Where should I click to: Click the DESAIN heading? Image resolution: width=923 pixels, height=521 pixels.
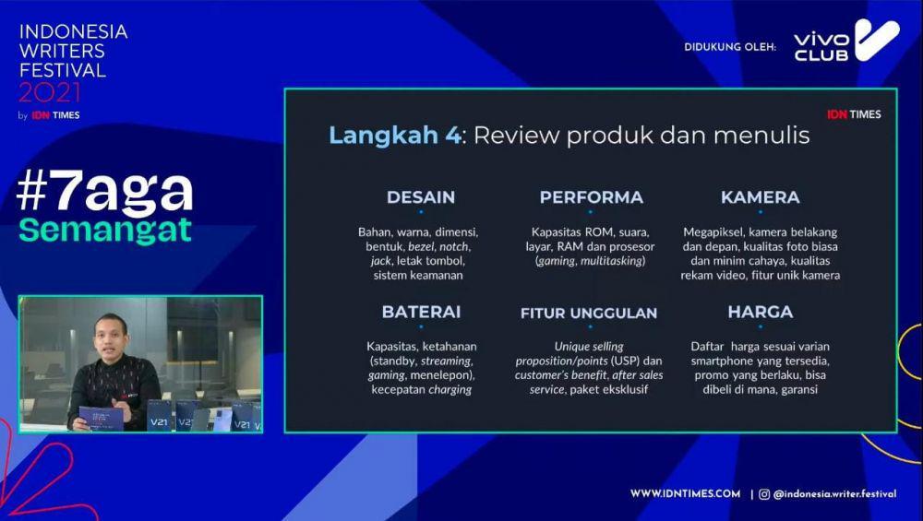421,197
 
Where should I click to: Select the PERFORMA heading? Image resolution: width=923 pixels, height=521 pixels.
591,197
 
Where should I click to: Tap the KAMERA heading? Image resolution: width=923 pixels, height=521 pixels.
760,197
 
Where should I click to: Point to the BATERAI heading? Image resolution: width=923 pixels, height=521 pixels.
421,312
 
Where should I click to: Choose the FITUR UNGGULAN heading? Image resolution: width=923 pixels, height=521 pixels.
589,313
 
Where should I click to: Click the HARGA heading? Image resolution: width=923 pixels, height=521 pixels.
760,312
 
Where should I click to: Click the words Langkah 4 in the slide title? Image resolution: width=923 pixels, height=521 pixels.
395,136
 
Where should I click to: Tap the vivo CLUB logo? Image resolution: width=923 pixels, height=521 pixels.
846,40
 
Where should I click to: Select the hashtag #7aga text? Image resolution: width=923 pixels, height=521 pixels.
105,192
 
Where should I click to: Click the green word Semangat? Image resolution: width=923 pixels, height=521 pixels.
105,230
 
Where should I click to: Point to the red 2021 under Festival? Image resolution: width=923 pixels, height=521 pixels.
50,92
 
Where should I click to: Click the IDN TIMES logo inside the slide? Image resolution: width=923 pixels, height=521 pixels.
854,114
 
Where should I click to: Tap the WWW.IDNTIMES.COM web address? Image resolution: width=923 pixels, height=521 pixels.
685,493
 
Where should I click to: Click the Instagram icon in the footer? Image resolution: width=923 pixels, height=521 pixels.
764,494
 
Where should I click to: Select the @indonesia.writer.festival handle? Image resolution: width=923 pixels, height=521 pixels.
834,494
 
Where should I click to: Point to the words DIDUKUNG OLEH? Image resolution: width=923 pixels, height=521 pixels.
730,47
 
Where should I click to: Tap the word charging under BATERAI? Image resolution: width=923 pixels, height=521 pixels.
450,390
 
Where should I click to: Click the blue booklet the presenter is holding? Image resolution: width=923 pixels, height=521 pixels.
102,418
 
